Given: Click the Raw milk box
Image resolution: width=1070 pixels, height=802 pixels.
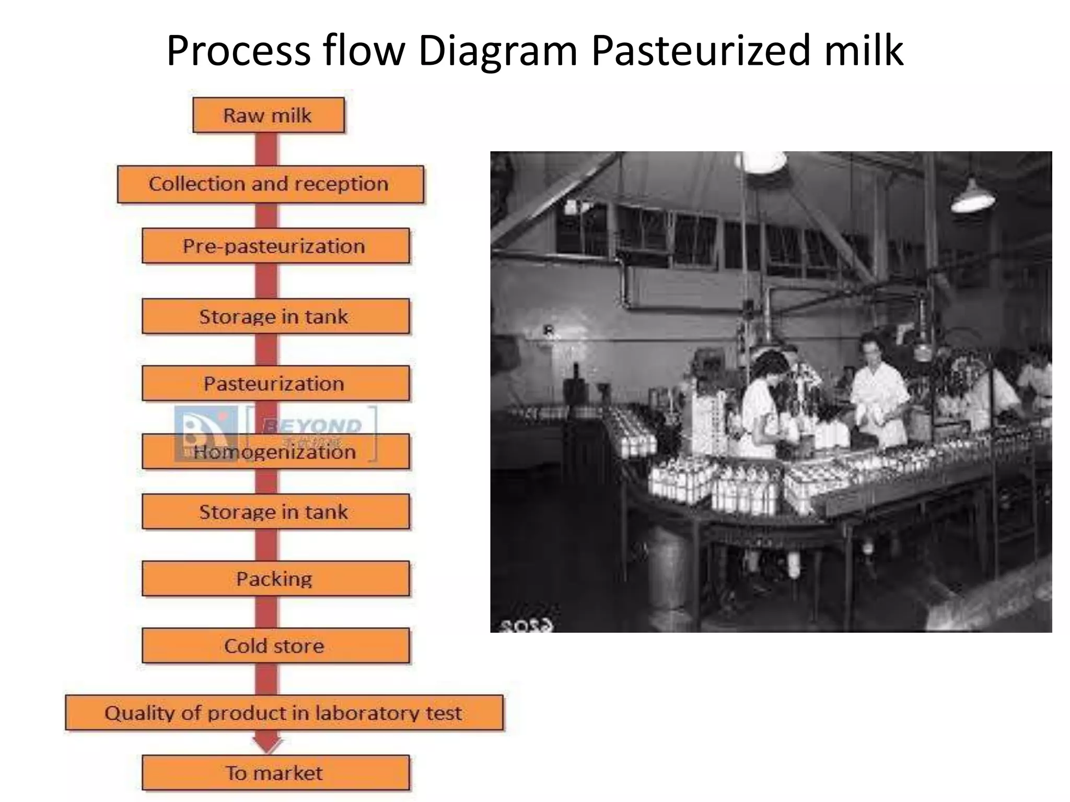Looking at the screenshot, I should point(268,115).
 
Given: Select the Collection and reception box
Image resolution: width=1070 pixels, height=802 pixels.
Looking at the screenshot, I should point(270,184).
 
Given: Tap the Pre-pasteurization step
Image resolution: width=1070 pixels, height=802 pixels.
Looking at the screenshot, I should point(275,245).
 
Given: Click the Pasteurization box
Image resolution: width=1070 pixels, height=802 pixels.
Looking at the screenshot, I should point(275,383).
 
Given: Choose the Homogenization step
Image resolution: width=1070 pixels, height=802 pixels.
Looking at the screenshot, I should point(275,452).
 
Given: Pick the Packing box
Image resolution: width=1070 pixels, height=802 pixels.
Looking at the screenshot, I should point(275,579).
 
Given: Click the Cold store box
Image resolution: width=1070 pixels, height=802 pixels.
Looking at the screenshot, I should point(275,646).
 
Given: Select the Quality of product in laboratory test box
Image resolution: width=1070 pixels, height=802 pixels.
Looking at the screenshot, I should point(284,713).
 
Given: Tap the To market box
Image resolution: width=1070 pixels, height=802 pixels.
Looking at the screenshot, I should point(275,773).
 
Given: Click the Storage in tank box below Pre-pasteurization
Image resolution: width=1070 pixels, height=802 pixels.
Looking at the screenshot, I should point(275,316).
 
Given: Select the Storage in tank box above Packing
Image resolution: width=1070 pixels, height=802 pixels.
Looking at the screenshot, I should point(275,512).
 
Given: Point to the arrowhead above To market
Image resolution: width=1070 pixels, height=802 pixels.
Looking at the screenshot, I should point(267,745).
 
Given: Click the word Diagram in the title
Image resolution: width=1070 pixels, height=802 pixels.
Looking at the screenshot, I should point(497,51).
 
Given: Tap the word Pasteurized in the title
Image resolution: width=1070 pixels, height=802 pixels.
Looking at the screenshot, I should point(700,51).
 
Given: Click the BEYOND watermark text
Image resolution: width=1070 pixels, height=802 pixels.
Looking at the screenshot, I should point(312,426).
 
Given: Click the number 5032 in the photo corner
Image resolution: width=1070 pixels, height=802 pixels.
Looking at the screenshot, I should point(526,625).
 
